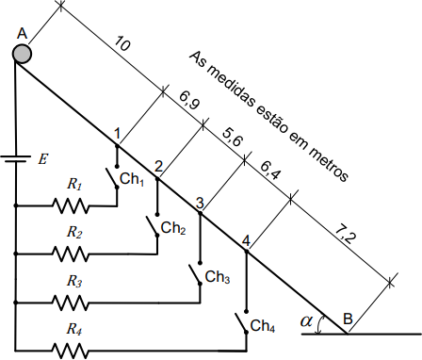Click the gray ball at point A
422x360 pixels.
pyautogui.click(x=22, y=54)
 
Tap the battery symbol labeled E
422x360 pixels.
pyautogui.click(x=16, y=158)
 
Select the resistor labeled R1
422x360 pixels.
pyautogui.click(x=71, y=205)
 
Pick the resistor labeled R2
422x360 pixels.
pyautogui.click(x=71, y=254)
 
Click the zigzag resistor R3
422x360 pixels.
pyautogui.click(x=71, y=303)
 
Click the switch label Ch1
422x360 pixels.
pyautogui.click(x=132, y=179)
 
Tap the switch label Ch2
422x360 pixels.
pyautogui.click(x=173, y=228)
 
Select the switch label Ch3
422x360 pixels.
pyautogui.click(x=218, y=277)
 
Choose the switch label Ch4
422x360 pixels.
pyautogui.click(x=263, y=326)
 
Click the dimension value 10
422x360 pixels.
pyautogui.click(x=122, y=44)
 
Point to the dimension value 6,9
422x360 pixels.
pyautogui.click(x=189, y=101)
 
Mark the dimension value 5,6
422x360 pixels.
pyautogui.click(x=233, y=138)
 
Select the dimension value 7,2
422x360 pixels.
pyautogui.click(x=346, y=235)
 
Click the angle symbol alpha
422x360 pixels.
pyautogui.click(x=306, y=321)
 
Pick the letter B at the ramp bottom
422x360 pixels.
pyautogui.click(x=348, y=319)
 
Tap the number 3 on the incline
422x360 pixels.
pyautogui.click(x=200, y=203)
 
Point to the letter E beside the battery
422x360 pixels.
pyautogui.click(x=42, y=159)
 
